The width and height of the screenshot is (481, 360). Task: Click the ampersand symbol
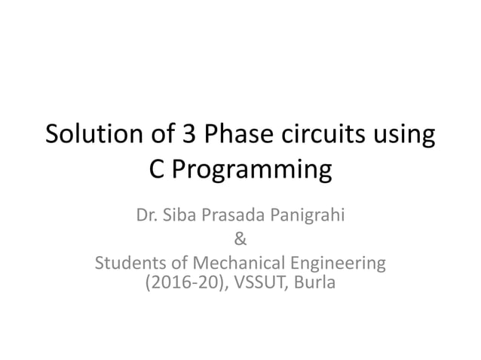pos(240,241)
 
